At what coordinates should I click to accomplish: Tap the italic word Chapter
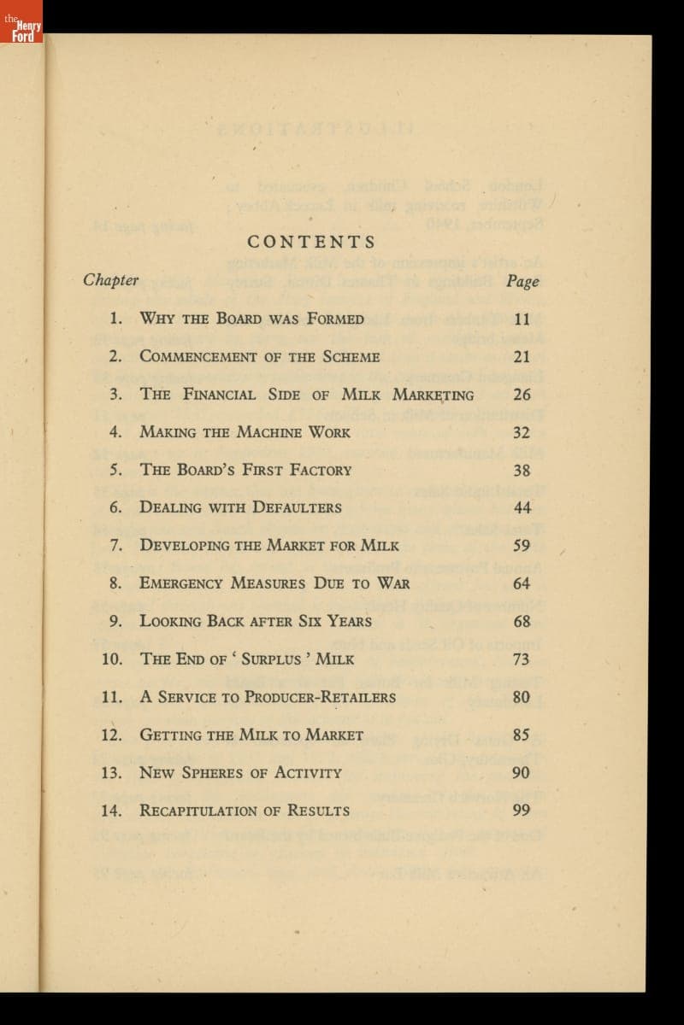coord(111,280)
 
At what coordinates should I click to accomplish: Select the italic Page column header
coord(522,281)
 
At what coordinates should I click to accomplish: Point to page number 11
coord(522,319)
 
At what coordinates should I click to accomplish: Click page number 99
coord(522,810)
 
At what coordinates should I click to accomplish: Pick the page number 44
coord(522,507)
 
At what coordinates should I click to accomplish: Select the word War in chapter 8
coord(392,583)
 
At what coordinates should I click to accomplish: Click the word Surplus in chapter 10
coord(271,659)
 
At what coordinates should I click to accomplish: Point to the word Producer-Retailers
coord(320,697)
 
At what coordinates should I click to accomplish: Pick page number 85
coord(522,735)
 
